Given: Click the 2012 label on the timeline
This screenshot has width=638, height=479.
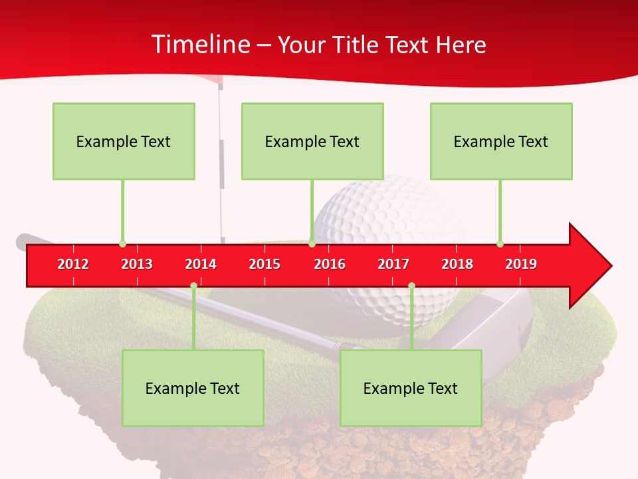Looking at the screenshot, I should coord(73,264).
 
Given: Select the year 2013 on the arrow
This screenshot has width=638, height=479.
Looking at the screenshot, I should coord(137,264).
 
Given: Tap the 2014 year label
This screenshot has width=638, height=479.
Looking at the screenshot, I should coord(201,264).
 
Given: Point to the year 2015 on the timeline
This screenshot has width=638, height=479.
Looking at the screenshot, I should coord(265,264).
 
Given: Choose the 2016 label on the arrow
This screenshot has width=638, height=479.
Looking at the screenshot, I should coord(330,264).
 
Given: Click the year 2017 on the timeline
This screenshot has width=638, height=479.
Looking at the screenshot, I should coord(393,264).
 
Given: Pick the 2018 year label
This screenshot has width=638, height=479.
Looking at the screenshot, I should coord(457,264).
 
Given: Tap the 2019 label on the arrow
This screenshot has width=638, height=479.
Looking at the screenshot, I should coord(521,264).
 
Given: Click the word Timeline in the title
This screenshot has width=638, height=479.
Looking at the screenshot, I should coord(199,45).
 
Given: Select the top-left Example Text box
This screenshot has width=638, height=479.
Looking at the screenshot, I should coord(124,141).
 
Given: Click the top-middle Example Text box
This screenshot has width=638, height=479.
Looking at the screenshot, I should coord(312,141).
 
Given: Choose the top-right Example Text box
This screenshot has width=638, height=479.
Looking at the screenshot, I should coord(501,141).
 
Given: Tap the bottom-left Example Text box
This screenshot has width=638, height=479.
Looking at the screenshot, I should coord(193,388).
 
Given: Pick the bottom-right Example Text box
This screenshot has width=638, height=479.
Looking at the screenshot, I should coord(411,388).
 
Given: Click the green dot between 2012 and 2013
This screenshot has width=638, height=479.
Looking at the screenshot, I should coord(122,243).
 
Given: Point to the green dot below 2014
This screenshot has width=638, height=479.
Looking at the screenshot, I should coord(193,286).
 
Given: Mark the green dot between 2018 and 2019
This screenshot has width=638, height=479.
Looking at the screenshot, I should coord(500,243).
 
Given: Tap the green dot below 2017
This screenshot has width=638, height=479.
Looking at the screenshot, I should coord(411,286).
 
